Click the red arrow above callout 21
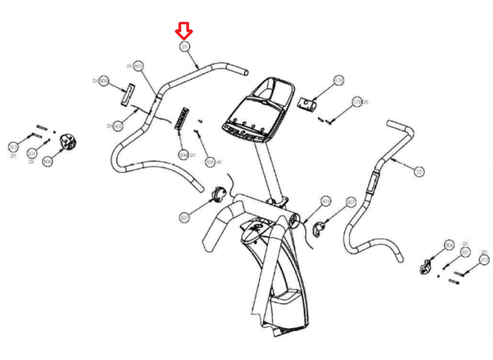pos(184,30)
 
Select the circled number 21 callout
pos(184,47)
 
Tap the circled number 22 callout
pos(419,171)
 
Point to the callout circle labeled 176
pos(339,80)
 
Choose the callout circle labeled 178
pos(357,102)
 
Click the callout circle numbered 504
pos(183,155)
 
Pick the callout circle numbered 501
pos(210,162)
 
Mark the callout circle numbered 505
pos(326,201)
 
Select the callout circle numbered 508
pos(104,81)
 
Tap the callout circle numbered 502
pos(138,66)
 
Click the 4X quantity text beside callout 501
pos(218,162)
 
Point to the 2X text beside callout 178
pos(365,102)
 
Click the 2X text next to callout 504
pos(192,155)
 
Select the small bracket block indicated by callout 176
pos(307,104)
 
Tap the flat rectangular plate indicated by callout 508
pos(128,95)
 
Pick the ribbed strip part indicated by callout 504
pos(182,118)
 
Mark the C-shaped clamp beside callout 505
pos(318,229)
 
